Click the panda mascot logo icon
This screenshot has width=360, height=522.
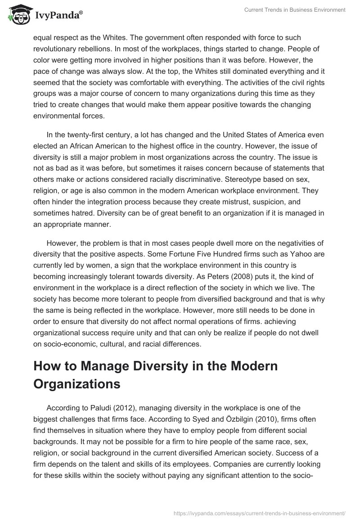pos(18,14)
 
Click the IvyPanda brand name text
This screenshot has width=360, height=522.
pos(58,15)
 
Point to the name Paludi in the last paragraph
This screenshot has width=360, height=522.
pos(106,408)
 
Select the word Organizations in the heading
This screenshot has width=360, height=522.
pos(77,384)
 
